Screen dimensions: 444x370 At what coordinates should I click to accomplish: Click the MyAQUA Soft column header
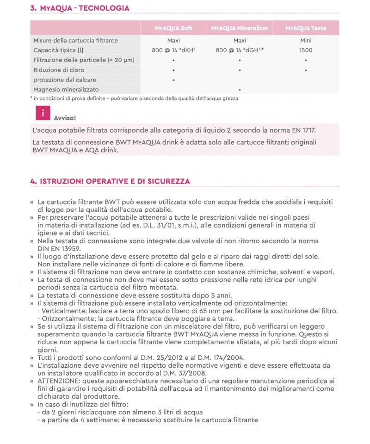(173, 28)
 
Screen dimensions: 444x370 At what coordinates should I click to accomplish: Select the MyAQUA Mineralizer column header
(240, 28)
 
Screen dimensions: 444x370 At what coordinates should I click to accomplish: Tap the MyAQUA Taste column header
(306, 28)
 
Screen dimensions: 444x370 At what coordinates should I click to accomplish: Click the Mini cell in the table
(306, 41)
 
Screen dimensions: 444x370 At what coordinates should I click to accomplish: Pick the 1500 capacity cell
(306, 50)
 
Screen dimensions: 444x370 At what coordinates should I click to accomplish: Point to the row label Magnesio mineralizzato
(66, 89)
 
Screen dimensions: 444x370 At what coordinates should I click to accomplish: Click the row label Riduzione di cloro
(58, 70)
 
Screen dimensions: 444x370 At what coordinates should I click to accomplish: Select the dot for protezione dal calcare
(173, 80)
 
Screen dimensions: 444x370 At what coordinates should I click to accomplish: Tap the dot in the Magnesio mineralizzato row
(240, 90)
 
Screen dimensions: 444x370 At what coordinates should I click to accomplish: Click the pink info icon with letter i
(43, 113)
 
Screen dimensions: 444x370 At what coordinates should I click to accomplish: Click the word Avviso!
(65, 118)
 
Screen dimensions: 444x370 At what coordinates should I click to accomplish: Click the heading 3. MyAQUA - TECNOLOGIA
(80, 8)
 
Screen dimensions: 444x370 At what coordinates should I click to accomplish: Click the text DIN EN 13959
(61, 248)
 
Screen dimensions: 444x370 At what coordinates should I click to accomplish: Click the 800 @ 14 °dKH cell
(173, 50)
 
